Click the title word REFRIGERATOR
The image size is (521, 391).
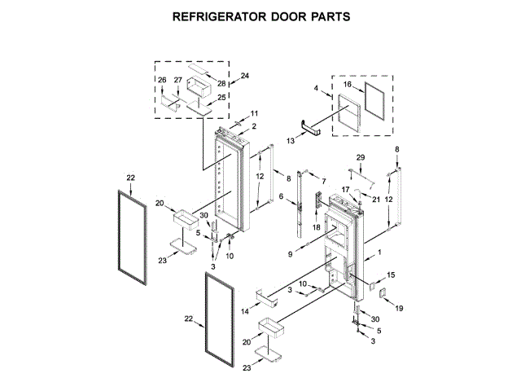pos(219,15)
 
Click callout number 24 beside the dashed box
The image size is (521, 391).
pos(245,76)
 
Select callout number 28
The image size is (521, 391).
pos(221,84)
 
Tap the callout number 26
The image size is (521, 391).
pos(161,79)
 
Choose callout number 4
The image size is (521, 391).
pos(316,87)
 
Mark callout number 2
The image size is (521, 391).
pos(254,126)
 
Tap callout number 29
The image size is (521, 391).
pos(361,156)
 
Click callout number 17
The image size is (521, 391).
pos(345,191)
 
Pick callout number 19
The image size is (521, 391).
pos(399,309)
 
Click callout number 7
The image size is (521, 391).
pos(323,180)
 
